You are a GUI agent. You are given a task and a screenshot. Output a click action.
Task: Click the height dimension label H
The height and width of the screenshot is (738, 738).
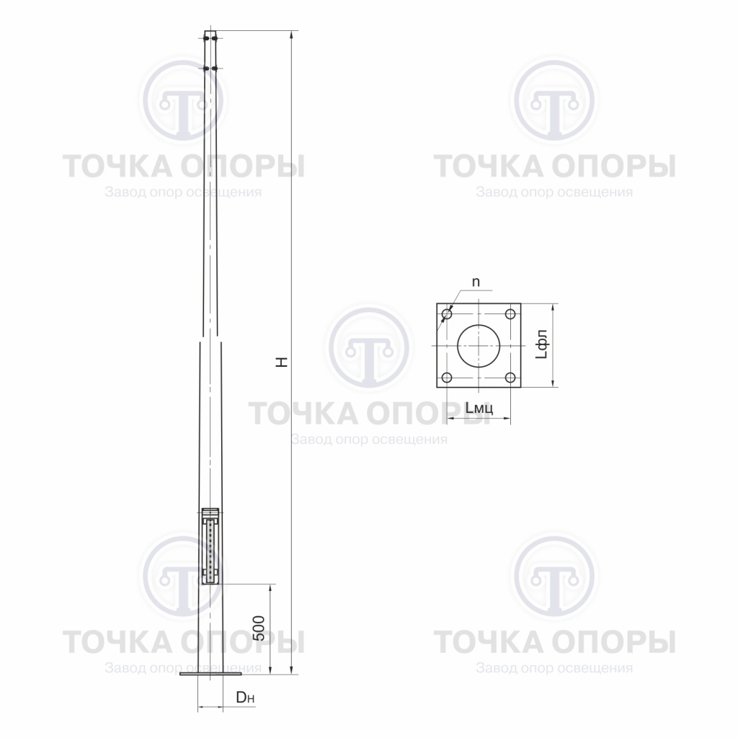click(x=283, y=362)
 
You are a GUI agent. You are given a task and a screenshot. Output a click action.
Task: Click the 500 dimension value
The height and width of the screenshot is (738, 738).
click(x=259, y=628)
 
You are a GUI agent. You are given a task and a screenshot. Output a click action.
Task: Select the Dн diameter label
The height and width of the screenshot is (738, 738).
click(x=245, y=697)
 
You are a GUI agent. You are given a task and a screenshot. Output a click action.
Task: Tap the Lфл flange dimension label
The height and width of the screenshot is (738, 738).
click(x=542, y=344)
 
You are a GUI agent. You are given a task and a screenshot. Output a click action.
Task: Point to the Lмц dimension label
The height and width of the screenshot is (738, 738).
click(x=479, y=408)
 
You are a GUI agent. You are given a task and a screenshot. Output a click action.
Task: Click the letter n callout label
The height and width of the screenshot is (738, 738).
click(x=476, y=282)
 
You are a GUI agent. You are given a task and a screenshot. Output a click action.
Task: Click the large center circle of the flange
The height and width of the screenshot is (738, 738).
click(x=479, y=345)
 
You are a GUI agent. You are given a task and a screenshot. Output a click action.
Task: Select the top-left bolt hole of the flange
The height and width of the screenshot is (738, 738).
click(x=447, y=314)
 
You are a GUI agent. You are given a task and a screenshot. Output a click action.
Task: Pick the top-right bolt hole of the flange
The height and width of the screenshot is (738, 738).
click(x=510, y=314)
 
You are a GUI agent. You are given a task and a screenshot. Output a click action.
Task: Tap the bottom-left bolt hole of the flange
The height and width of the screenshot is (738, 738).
click(x=447, y=378)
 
